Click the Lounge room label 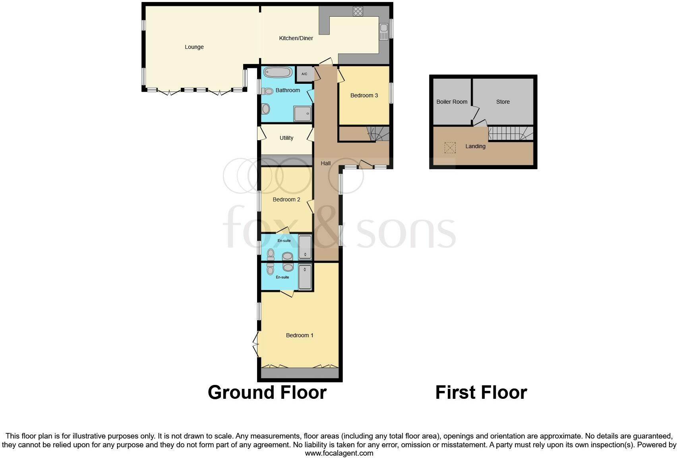tap(194, 47)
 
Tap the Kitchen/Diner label tap(296, 38)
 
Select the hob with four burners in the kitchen tap(358, 11)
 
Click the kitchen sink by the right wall tap(383, 32)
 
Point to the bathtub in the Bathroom tap(278, 72)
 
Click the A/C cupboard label tap(304, 74)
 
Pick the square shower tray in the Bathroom tap(303, 114)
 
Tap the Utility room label tap(286, 138)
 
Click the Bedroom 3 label tap(364, 95)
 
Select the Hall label tap(325, 163)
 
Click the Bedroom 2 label tap(286, 199)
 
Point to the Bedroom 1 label tap(300, 335)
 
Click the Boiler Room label tap(452, 102)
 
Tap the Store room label tap(503, 102)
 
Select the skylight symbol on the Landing tap(450, 148)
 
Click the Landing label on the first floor tap(475, 146)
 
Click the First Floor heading tap(481, 392)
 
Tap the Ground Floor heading tap(267, 392)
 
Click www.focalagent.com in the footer tap(339, 453)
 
